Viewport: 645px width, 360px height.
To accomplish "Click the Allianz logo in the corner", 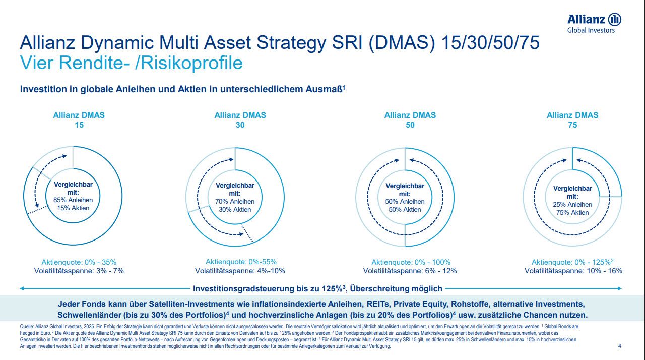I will click(x=594, y=23).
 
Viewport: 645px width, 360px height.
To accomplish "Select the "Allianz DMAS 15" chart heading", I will click(x=79, y=120).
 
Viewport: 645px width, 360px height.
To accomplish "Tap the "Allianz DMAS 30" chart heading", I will click(x=240, y=120).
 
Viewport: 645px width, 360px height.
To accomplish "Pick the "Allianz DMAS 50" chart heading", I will click(x=410, y=120).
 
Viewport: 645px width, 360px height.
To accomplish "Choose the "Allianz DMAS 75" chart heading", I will click(x=572, y=120).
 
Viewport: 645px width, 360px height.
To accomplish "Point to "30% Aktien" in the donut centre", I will click(x=235, y=210).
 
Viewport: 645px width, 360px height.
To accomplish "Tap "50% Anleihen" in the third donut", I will click(x=405, y=202).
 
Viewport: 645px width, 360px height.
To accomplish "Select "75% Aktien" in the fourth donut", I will click(x=572, y=212).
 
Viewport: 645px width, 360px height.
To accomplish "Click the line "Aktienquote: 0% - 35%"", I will click(x=79, y=262).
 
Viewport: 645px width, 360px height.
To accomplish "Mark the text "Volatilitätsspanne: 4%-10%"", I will click(x=240, y=271).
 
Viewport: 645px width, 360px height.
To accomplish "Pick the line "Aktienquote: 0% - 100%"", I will click(x=411, y=262).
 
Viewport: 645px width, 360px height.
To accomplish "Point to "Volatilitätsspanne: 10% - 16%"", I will click(x=573, y=271).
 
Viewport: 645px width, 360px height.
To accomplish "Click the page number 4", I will click(x=619, y=346).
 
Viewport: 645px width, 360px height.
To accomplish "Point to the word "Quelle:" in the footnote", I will click(x=27, y=327).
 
